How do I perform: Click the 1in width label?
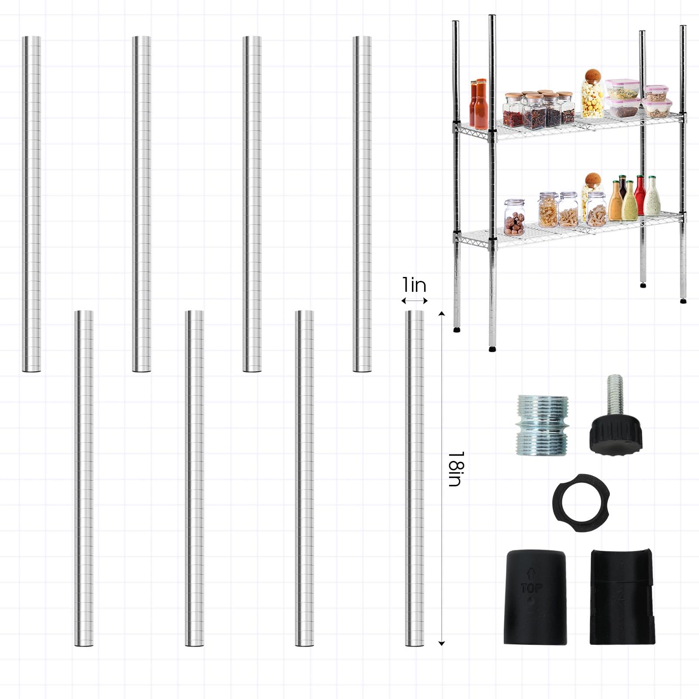(x=414, y=285)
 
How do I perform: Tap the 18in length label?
(x=456, y=469)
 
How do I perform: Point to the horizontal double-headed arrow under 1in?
(x=415, y=301)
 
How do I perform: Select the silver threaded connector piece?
(x=542, y=426)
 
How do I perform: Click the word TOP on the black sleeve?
(x=531, y=588)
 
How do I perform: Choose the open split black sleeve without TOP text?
(x=622, y=596)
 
